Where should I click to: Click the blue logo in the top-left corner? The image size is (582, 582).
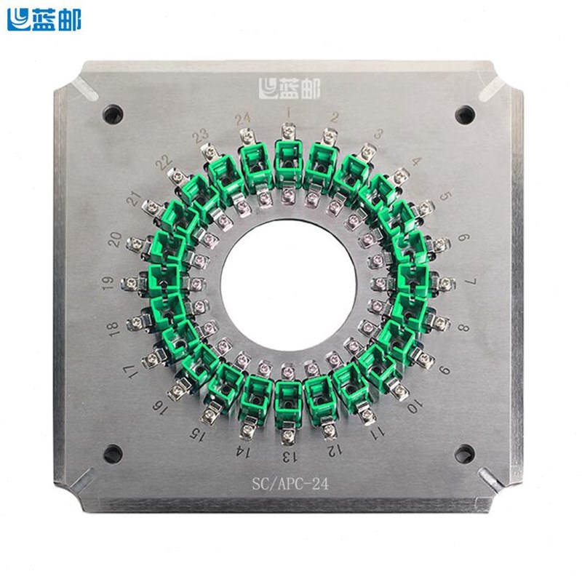[x=44, y=20]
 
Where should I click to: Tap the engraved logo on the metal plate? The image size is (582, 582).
[x=289, y=89]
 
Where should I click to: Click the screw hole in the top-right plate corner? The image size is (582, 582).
[x=464, y=114]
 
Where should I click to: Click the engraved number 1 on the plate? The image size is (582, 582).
[x=289, y=113]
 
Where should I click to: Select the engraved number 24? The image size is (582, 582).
[x=243, y=118]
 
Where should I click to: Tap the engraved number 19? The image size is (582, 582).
[x=109, y=284]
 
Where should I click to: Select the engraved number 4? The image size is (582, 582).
[x=416, y=162]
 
